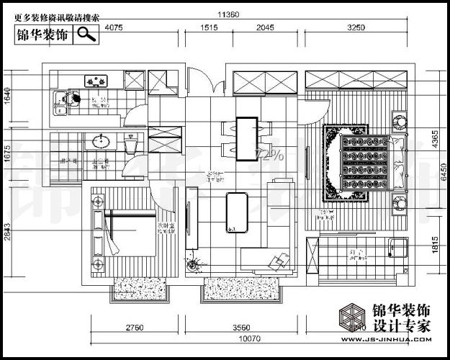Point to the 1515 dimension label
click(x=208, y=28)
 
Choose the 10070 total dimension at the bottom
click(x=250, y=338)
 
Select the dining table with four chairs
click(x=246, y=137)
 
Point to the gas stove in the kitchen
click(x=94, y=81)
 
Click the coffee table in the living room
click(x=237, y=213)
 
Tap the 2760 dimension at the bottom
click(x=135, y=328)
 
